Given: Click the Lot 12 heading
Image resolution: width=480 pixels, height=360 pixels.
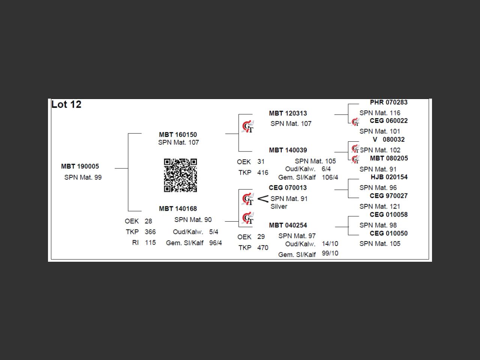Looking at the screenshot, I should click(x=66, y=105).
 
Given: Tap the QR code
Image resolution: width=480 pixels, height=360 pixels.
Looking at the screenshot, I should click(x=180, y=175).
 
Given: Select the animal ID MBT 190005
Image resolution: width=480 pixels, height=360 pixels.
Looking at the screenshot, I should click(x=80, y=166).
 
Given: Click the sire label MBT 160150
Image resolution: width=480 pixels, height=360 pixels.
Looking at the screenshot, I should click(x=178, y=135).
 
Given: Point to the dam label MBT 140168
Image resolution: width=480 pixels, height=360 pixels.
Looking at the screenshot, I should click(x=178, y=208).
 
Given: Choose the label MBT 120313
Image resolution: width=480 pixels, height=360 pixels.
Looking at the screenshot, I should click(x=288, y=113).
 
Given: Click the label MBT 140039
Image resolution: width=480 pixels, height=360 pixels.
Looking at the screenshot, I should click(x=288, y=150).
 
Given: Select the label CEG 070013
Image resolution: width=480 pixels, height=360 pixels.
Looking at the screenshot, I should click(x=288, y=187).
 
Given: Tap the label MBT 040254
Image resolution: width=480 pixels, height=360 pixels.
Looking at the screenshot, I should click(x=288, y=225).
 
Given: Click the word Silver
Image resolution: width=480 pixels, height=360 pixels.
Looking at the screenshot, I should click(x=279, y=207).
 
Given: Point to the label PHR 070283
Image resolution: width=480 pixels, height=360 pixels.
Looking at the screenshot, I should click(x=388, y=102).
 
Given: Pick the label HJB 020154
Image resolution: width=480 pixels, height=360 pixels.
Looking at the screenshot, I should click(x=389, y=177).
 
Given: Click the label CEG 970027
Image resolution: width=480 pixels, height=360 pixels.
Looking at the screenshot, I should click(x=388, y=196).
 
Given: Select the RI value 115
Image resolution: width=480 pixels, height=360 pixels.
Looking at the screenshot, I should click(x=150, y=243).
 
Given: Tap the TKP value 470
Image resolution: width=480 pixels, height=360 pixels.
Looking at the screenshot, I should click(x=262, y=247).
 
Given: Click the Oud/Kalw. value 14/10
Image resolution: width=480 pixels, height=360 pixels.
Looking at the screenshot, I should click(x=330, y=244).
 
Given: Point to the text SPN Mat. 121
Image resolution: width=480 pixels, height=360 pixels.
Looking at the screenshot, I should click(x=379, y=206).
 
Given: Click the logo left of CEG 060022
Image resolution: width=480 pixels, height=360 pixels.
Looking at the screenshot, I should click(x=355, y=122).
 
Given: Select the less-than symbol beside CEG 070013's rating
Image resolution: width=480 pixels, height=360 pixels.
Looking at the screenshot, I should click(x=263, y=199).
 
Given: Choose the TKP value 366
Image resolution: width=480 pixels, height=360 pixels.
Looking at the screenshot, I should click(x=150, y=232).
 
